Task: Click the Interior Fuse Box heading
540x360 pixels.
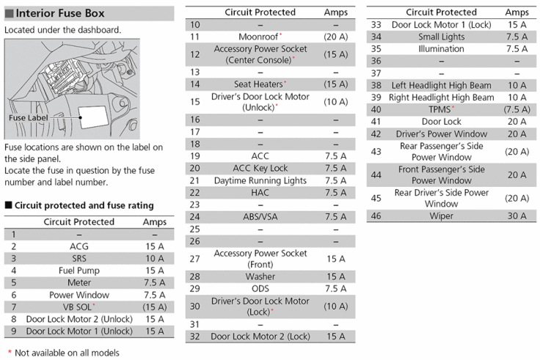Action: click(60, 13)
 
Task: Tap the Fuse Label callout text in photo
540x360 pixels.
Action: click(29, 117)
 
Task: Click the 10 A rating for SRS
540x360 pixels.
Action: click(155, 259)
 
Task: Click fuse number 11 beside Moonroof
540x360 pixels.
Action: click(194, 37)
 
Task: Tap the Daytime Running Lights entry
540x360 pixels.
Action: click(260, 180)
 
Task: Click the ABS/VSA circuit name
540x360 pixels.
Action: click(260, 216)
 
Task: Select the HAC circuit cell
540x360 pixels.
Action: click(260, 192)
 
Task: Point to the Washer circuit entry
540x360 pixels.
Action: click(260, 276)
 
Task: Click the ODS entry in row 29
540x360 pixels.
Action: click(260, 288)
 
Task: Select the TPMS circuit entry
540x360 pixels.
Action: click(441, 109)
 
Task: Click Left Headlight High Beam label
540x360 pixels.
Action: click(441, 85)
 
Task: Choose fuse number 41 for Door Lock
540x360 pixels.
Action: click(376, 122)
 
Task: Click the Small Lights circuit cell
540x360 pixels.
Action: click(441, 37)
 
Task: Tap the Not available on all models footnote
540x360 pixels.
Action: click(62, 353)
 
